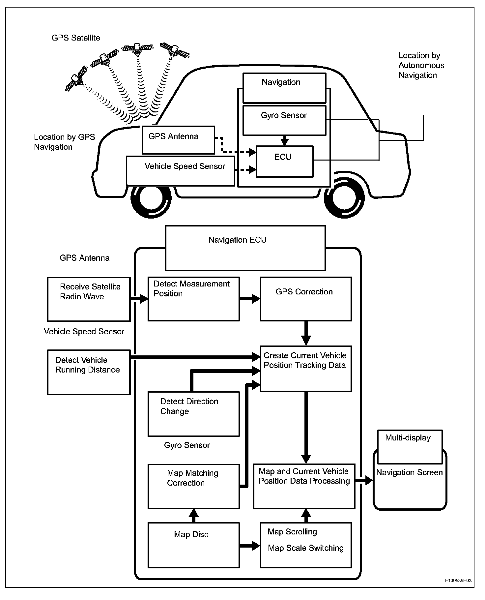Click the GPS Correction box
pos(306,299)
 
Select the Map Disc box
pos(193,545)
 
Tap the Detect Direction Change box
pos(193,414)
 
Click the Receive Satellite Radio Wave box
pos(89,299)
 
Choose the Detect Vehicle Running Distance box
pos(89,372)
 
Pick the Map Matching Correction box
pos(193,486)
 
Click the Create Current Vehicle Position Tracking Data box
pos(306,369)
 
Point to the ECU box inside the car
pos(284,161)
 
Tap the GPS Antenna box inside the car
pos(178,140)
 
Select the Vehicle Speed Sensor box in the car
pos(181,171)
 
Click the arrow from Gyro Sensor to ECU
pos(284,140)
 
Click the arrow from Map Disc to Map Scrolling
pos(250,545)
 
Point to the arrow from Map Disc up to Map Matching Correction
pos(193,516)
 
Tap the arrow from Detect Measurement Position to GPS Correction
pos(250,299)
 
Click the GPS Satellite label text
pos(76,38)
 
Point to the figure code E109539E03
pos(459,581)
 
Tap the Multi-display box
pos(410,447)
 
